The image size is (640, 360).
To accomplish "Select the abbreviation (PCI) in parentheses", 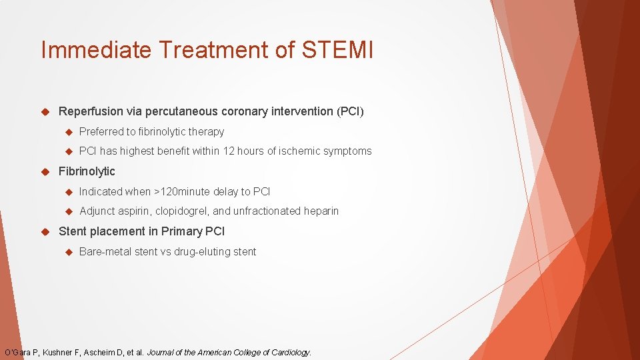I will [351, 111].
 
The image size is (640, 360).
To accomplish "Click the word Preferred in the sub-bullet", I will [101, 132].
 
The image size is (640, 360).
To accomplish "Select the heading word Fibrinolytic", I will [87, 171].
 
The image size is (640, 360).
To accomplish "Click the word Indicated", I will [101, 192].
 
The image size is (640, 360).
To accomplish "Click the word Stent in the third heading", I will [73, 231].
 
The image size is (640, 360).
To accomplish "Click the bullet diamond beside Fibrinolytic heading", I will [46, 171].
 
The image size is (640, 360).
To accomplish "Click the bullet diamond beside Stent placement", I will [46, 231].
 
